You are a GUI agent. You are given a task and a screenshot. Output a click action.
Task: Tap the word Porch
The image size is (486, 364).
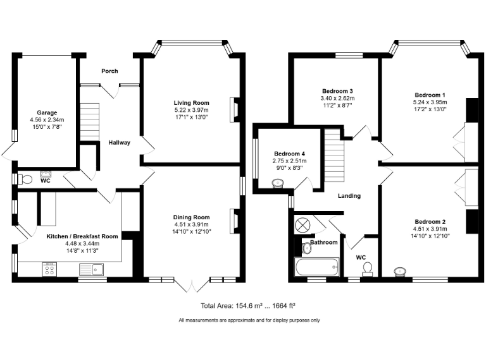109,71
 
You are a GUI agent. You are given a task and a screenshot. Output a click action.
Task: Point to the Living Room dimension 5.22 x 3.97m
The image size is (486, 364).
191,110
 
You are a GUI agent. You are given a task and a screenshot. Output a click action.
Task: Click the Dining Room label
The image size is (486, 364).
191,217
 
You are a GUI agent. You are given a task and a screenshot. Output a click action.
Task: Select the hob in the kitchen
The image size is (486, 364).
49,270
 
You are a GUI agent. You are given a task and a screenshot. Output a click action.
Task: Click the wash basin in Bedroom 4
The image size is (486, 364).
277,184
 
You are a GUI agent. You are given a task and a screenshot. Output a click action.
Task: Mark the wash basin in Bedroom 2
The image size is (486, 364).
399,272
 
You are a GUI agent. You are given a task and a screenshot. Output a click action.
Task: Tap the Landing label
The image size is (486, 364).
349,196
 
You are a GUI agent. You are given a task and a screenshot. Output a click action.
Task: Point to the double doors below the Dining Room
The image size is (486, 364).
190,286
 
